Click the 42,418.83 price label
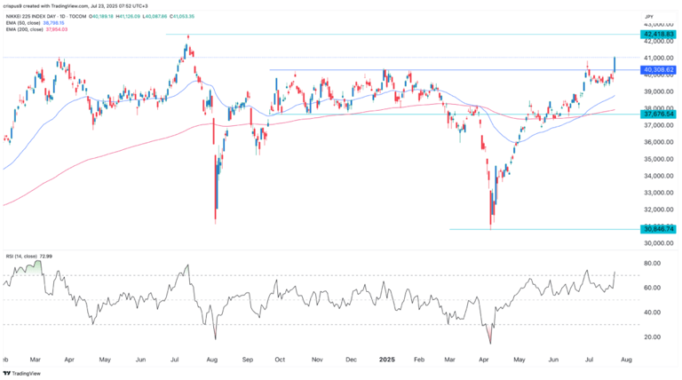pyautogui.click(x=658, y=35)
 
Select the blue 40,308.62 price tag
pyautogui.click(x=658, y=69)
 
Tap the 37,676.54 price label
pyautogui.click(x=658, y=115)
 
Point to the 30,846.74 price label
pyautogui.click(x=658, y=229)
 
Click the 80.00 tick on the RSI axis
pyautogui.click(x=654, y=263)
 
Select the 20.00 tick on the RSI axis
pyautogui.click(x=654, y=337)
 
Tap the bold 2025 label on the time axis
pyautogui.click(x=385, y=360)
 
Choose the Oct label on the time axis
pyautogui.click(x=280, y=360)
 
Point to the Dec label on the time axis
pyautogui.click(x=351, y=360)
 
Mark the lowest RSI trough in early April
pyautogui.click(x=488, y=344)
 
